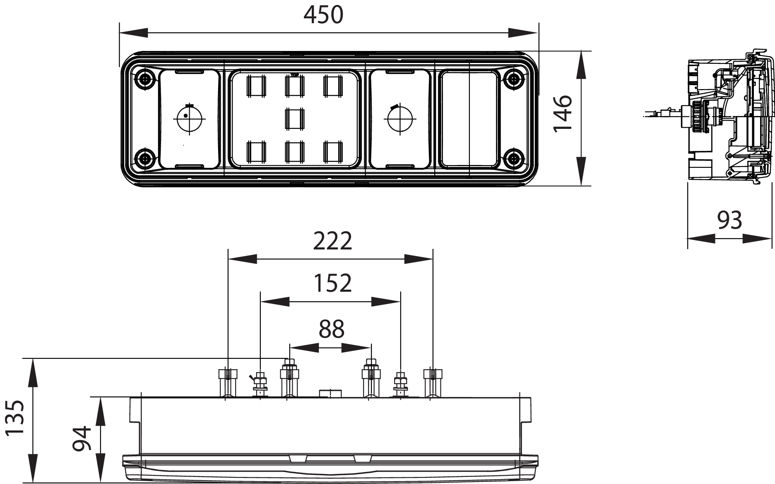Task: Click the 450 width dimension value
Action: [323, 15]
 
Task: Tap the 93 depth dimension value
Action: [729, 220]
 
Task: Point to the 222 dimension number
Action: [332, 241]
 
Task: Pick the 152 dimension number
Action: [332, 283]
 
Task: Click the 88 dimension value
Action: [332, 329]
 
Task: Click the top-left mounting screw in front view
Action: [145, 78]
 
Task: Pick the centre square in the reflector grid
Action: [295, 119]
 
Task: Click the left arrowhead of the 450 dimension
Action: [133, 33]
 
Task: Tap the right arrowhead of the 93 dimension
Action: [758, 239]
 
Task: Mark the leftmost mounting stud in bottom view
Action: [228, 382]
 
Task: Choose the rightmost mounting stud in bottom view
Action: [433, 382]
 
